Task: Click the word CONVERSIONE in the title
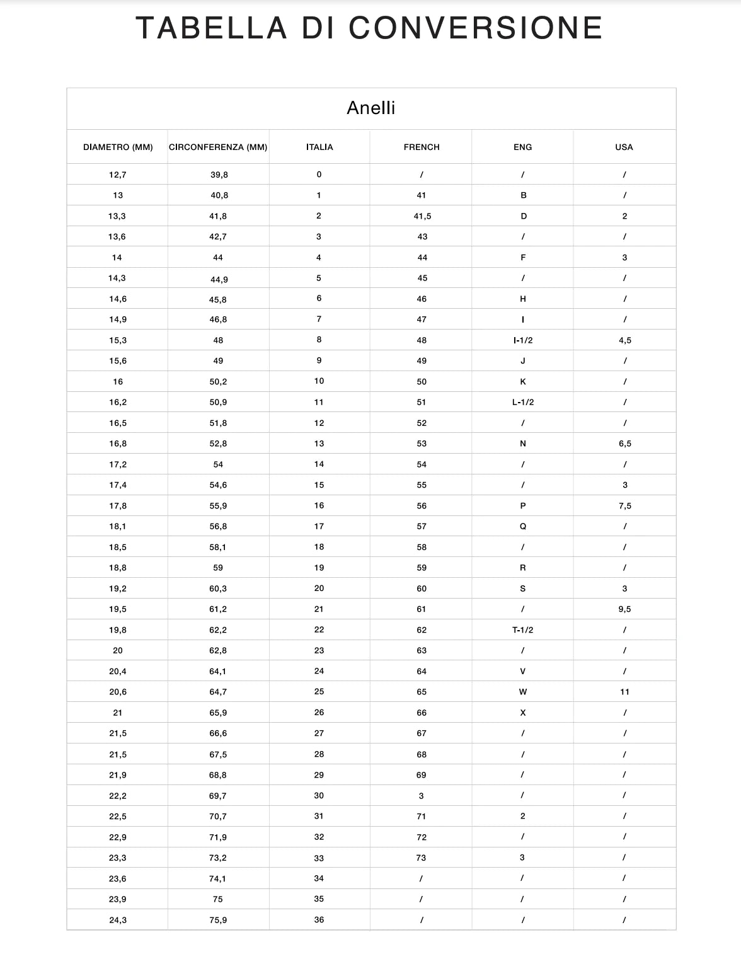tap(476, 28)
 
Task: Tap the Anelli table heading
tap(370, 108)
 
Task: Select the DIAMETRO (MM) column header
tap(118, 147)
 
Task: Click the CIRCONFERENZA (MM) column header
tap(218, 147)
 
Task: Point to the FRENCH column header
tap(422, 147)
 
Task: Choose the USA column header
tap(624, 147)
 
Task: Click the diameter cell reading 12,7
tap(118, 175)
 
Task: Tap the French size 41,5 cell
tap(422, 216)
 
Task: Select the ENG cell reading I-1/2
tap(523, 340)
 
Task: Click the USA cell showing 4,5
tap(624, 340)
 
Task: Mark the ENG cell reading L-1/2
tap(523, 402)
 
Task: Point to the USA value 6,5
tap(624, 444)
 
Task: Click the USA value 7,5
tap(624, 506)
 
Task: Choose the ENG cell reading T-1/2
tap(523, 630)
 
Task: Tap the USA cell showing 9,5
tap(624, 609)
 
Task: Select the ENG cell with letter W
tap(523, 692)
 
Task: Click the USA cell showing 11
tap(624, 692)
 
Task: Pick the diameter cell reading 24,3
tap(118, 920)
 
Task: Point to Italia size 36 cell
tap(319, 920)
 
